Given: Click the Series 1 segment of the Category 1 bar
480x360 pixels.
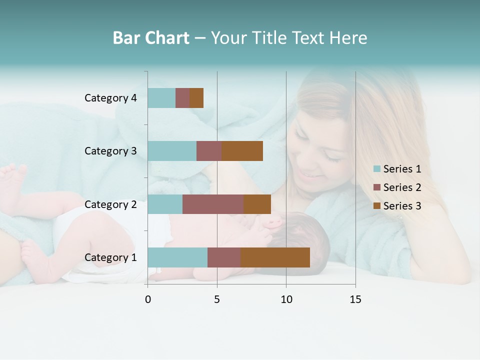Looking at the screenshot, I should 177,257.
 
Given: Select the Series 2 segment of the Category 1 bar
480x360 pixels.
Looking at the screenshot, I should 224,257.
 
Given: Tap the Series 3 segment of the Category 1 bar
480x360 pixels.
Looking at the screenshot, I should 275,257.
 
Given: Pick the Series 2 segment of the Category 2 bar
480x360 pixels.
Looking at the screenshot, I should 213,204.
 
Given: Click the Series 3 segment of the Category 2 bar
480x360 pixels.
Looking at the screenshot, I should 257,204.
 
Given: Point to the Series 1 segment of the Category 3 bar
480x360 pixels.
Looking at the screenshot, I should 172,151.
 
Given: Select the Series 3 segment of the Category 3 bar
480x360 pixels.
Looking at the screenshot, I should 242,151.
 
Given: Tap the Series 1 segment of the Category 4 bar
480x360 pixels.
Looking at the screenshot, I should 161,98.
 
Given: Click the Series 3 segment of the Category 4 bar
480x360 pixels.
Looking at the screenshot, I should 196,98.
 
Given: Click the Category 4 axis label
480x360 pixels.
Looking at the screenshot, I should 110,98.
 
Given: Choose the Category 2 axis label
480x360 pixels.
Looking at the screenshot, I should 110,204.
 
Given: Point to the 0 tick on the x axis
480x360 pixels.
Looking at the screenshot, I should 148,299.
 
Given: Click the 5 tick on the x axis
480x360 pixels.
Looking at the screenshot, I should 217,299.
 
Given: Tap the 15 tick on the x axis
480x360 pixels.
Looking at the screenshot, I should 355,299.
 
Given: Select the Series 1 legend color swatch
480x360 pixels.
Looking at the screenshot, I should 377,169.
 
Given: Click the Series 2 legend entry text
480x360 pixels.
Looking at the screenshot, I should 402,187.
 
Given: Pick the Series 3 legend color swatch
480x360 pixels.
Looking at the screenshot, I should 377,206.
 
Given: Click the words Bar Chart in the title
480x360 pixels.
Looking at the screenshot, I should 151,38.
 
